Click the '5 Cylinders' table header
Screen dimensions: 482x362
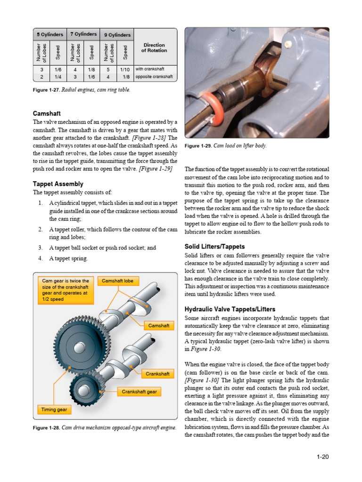pos(49,34)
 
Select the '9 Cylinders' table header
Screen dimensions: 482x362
pos(116,34)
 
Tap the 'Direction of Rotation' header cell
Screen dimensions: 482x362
pos(154,48)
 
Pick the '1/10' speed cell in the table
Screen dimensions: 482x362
pos(125,69)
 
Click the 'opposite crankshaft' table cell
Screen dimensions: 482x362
pos(154,76)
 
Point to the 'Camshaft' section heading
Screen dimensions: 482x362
pos(48,113)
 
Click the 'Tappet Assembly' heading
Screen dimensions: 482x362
pos(58,184)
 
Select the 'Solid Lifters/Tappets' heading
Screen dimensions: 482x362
pos(214,247)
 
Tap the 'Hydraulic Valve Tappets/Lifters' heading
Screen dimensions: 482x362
pos(230,309)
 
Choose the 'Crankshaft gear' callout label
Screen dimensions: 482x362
pos(139,392)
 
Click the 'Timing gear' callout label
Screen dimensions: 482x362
pos(54,410)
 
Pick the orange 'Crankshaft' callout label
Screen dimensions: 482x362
pos(157,373)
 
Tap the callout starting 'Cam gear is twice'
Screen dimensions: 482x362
pos(66,289)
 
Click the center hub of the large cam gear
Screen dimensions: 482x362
pos(79,348)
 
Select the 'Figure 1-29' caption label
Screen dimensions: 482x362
pos(198,146)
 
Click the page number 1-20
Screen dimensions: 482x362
pos(322,457)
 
